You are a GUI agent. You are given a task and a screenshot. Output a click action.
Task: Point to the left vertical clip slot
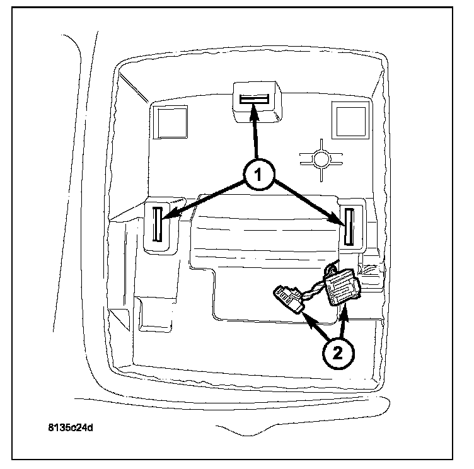tap(158, 224)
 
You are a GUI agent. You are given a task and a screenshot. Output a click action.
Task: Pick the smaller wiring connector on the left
tap(289, 299)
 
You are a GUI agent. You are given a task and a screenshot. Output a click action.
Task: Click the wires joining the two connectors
tap(312, 291)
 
